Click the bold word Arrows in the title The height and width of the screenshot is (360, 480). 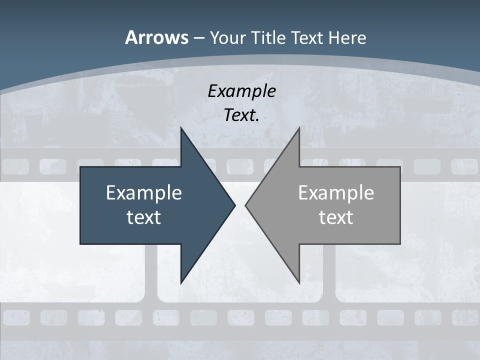tap(156, 38)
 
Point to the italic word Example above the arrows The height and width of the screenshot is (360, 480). tap(241, 91)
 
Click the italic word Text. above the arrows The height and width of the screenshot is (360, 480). tap(241, 115)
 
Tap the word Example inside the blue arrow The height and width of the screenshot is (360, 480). tap(143, 193)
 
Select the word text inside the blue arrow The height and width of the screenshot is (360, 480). tap(143, 217)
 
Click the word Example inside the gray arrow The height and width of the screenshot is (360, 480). tap(336, 193)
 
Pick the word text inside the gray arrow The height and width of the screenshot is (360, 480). tap(336, 217)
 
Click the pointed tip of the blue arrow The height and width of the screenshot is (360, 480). tap(235, 205)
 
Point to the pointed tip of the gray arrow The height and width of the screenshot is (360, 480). tap(245, 205)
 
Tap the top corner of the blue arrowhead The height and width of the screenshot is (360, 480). tap(181, 127)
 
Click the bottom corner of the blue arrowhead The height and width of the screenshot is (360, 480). tap(181, 283)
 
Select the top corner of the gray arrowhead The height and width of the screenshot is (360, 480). tap(299, 127)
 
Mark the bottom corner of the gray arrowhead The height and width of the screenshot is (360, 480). tap(299, 283)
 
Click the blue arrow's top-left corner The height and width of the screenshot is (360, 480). tap(80, 167)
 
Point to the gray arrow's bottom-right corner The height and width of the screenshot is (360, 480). tap(400, 243)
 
